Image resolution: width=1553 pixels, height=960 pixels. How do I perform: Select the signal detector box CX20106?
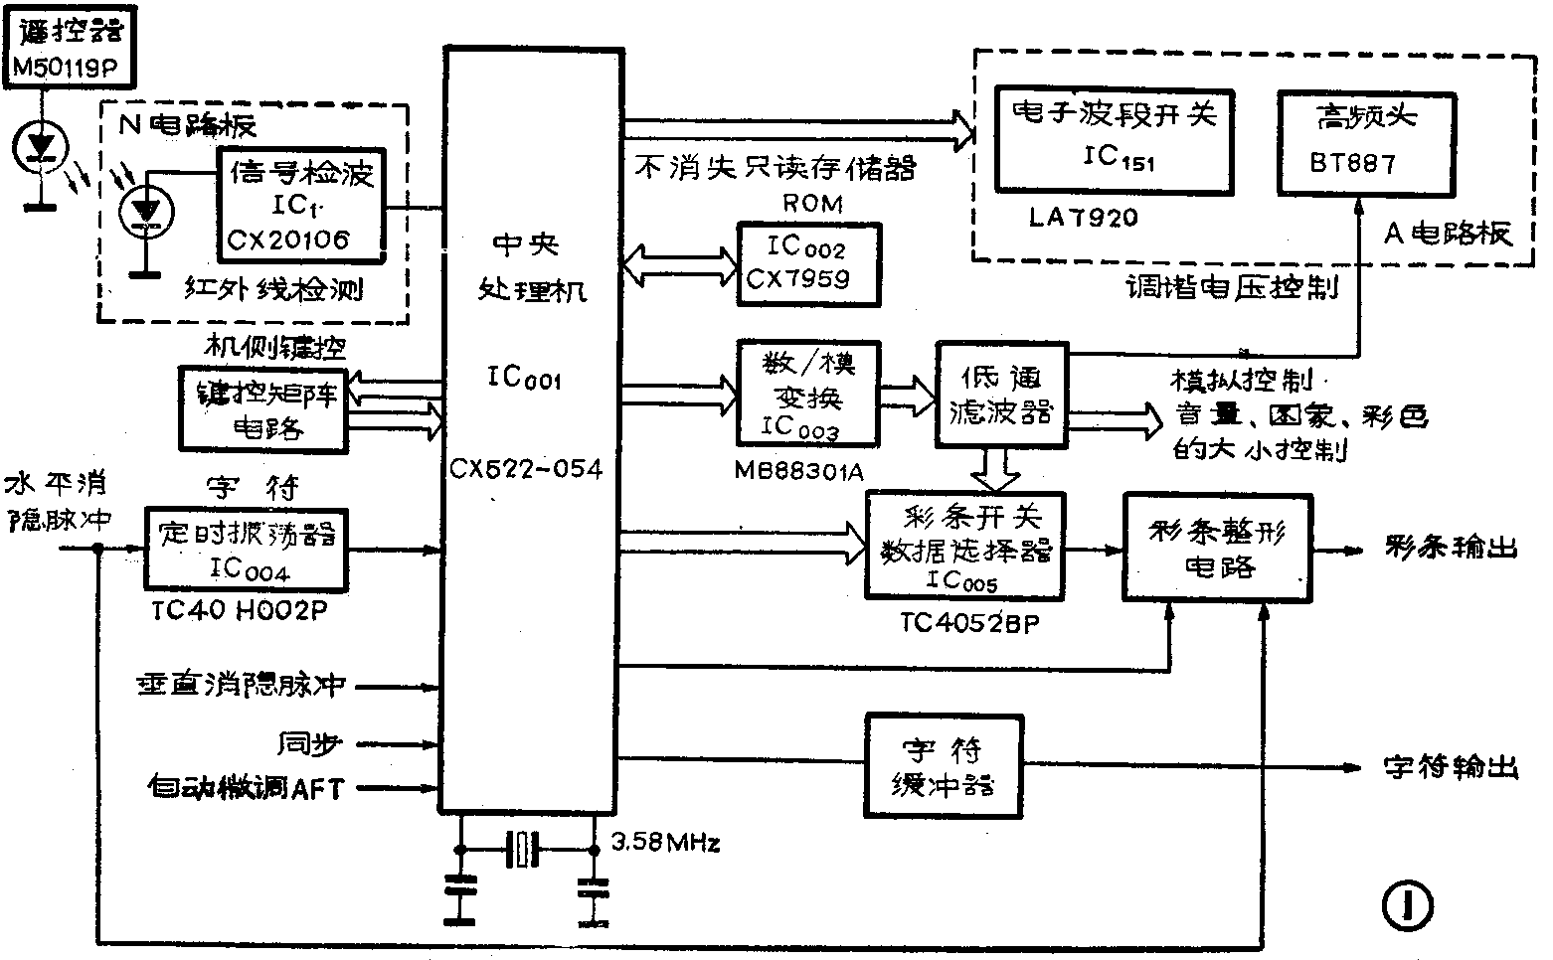[x=301, y=206]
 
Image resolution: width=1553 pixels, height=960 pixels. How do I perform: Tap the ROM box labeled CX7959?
[x=808, y=263]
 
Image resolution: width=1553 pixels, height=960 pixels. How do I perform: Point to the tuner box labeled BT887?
[x=1367, y=142]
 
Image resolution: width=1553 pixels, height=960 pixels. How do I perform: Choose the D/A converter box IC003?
[x=807, y=394]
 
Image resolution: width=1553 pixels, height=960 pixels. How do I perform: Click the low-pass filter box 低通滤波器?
[x=1001, y=394]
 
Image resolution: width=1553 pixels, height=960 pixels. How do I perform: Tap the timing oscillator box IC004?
[x=246, y=549]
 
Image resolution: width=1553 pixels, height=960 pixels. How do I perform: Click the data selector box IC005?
[x=964, y=546]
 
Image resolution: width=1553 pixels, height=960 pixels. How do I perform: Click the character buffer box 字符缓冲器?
[x=944, y=765]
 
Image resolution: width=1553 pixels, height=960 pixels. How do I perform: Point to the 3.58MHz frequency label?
[x=664, y=844]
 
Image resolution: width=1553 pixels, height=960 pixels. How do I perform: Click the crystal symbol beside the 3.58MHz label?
[x=523, y=850]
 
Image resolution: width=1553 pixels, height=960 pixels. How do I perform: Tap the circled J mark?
[x=1407, y=906]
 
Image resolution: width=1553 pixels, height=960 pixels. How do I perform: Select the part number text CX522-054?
[x=526, y=468]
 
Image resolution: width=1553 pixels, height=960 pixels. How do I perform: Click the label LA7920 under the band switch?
[x=1082, y=218]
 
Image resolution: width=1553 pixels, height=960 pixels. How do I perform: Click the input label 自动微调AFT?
[x=245, y=788]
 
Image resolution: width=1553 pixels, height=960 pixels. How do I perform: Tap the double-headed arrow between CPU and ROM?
[x=678, y=262]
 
